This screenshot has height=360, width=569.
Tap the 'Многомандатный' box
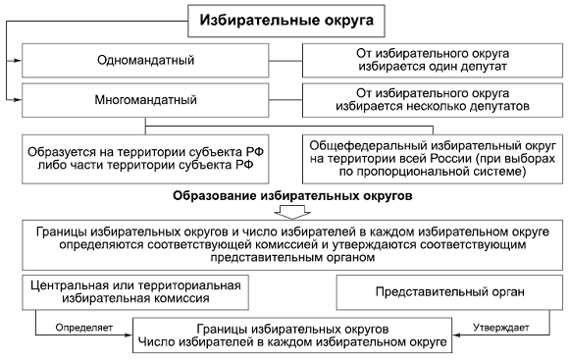coord(154,99)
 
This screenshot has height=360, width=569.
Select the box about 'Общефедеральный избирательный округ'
coord(430,156)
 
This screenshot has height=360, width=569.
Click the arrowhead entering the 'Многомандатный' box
coord(18,99)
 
